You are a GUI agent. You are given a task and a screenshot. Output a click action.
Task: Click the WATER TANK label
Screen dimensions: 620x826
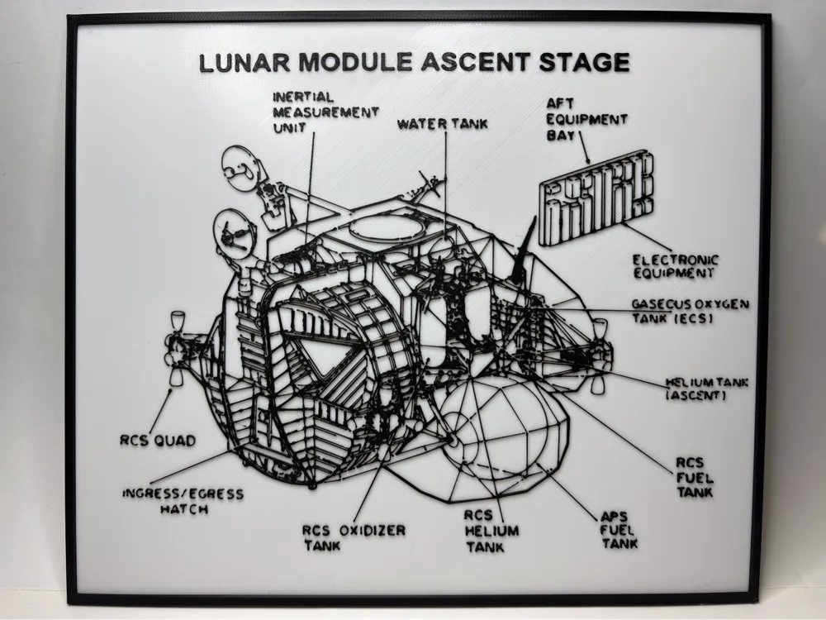point(443,124)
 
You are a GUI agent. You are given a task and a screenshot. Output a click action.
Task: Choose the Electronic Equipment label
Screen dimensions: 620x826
point(675,265)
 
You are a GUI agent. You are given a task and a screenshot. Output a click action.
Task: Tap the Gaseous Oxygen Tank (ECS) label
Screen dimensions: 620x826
point(690,311)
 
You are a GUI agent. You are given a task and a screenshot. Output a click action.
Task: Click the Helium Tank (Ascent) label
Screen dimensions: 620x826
point(707,389)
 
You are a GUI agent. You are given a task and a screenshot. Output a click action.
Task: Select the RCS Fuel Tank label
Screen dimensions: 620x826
point(694,477)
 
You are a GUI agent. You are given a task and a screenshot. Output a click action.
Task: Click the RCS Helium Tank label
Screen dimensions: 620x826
point(491,531)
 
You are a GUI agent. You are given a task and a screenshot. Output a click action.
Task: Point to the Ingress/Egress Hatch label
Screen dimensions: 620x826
point(183,501)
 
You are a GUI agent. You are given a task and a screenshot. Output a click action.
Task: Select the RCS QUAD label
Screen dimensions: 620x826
point(157,441)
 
